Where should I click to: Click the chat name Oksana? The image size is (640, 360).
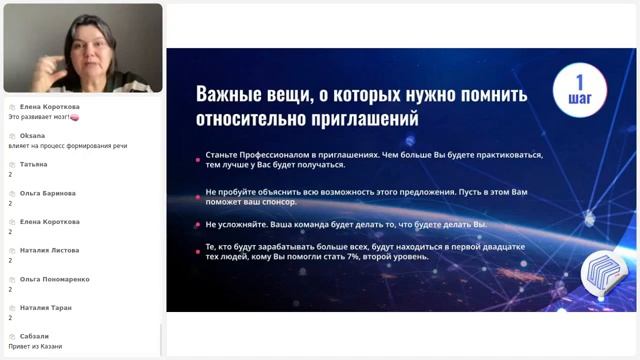click(33, 136)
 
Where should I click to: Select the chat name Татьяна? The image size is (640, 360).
click(34, 164)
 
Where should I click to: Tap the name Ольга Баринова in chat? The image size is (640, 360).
click(48, 193)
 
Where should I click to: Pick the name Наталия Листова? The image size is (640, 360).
click(50, 250)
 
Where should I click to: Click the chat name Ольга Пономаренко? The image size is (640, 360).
click(56, 279)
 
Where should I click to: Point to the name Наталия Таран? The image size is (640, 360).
click(46, 308)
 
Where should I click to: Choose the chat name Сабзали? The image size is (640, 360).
click(35, 336)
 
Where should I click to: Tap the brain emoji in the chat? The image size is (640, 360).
click(75, 117)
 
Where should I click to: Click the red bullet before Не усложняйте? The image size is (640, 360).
click(198, 224)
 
